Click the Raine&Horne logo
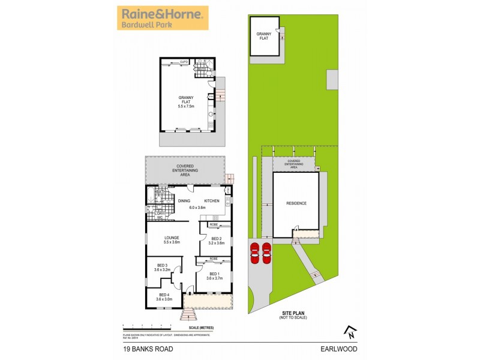(x=161, y=18)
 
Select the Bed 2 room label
(x=216, y=241)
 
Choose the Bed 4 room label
(x=164, y=296)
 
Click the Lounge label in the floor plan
(x=172, y=239)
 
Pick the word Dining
(x=184, y=200)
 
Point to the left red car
(x=254, y=253)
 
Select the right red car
(x=266, y=253)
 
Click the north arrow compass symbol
(x=350, y=329)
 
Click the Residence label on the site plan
(x=296, y=203)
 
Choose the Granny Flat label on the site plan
(x=265, y=36)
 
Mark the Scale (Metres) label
(x=202, y=327)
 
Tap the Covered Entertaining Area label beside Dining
(x=185, y=170)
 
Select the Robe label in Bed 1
(x=214, y=259)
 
